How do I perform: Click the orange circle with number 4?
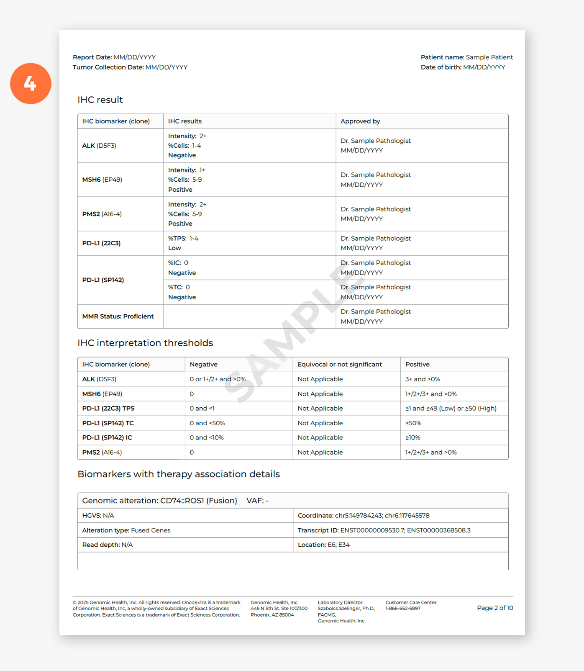point(31,84)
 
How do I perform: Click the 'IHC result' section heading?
point(100,100)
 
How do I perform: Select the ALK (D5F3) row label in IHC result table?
point(99,146)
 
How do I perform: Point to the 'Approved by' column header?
point(360,121)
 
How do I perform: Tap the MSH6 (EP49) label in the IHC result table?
point(102,180)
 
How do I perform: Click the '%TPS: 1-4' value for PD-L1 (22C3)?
point(183,239)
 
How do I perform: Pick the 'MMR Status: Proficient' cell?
point(118,316)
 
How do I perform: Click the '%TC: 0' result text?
point(179,287)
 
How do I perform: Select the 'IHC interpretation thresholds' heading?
point(145,343)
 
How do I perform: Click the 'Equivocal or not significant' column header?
point(340,365)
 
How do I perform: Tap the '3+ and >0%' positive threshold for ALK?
point(423,379)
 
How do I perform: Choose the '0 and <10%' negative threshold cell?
point(207,438)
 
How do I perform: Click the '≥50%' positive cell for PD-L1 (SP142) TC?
point(413,423)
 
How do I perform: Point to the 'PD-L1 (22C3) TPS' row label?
point(108,409)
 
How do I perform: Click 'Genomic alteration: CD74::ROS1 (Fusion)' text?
point(159,501)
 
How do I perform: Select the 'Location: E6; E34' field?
point(324,545)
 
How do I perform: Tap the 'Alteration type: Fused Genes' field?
point(126,530)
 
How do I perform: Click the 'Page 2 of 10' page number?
point(495,608)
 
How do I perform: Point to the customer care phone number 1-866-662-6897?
point(403,609)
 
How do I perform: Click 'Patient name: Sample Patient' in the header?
point(466,57)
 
